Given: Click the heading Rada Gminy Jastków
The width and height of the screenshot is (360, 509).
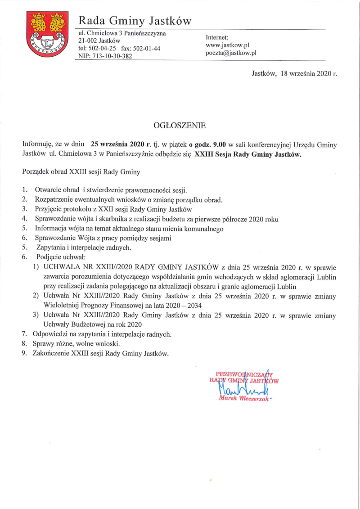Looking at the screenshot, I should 135,21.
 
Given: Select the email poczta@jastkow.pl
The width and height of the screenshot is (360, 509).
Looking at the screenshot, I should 231,53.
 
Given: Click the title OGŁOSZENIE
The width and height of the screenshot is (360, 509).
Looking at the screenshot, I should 180,126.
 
